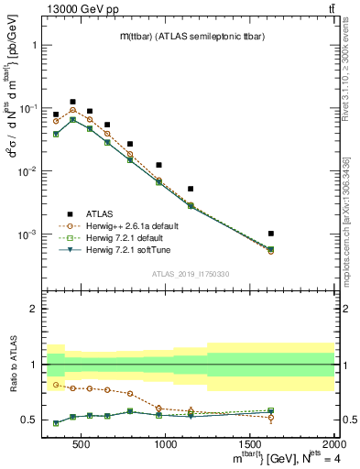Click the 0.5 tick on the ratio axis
pyautogui.click(x=30, y=420)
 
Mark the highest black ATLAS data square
pyautogui.click(x=72, y=102)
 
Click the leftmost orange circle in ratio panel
pyautogui.click(x=56, y=384)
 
